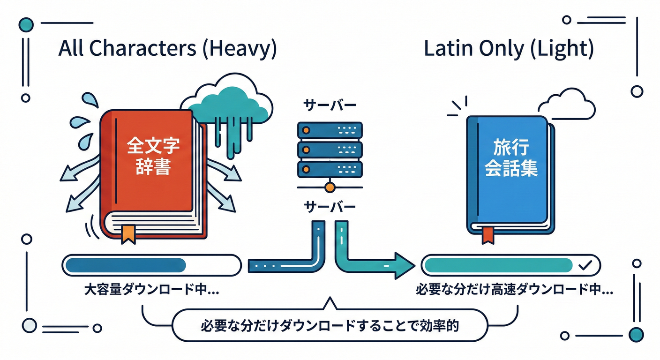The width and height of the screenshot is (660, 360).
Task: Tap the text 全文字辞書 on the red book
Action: click(x=153, y=156)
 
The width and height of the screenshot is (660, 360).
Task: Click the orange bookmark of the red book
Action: click(x=128, y=234)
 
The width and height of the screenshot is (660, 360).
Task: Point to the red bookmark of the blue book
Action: click(x=487, y=234)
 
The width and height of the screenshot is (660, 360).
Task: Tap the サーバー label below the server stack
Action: click(x=330, y=207)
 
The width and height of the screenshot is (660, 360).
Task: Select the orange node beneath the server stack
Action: click(x=330, y=187)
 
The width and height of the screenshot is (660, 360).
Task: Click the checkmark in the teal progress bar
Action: click(x=585, y=265)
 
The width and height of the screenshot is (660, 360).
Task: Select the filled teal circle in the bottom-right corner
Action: click(x=636, y=334)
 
